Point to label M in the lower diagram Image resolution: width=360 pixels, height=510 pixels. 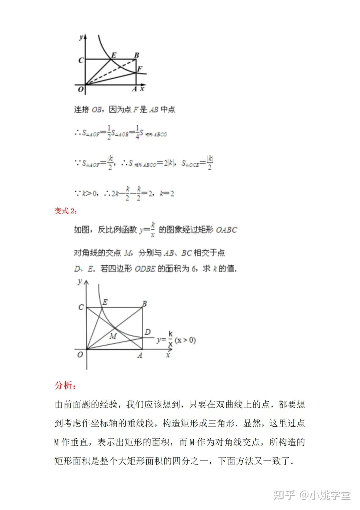[x=113, y=335]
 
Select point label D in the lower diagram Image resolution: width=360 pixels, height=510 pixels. [x=148, y=332]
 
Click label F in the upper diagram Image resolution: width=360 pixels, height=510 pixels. [x=140, y=69]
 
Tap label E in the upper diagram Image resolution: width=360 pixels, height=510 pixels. [x=114, y=55]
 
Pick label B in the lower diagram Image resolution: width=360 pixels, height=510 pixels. [x=144, y=303]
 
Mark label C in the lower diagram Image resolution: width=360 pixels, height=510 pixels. [x=81, y=307]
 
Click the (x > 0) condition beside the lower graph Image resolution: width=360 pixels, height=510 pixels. [x=185, y=340]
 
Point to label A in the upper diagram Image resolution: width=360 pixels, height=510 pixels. [x=133, y=89]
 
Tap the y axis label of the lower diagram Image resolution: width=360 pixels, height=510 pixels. [x=80, y=282]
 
